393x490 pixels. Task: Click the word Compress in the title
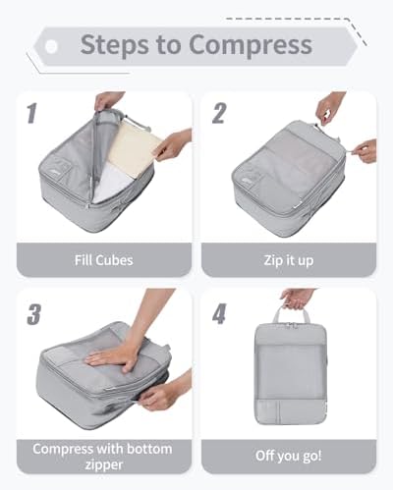[251, 45]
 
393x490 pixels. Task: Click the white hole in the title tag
[51, 46]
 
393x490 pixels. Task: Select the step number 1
[31, 113]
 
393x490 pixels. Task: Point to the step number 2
[219, 113]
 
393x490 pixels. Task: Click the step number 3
[33, 314]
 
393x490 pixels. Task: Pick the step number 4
[219, 313]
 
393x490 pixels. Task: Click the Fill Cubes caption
[104, 260]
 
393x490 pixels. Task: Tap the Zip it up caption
[289, 261]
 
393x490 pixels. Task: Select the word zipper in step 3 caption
[104, 465]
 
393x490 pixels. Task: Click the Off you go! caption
[289, 456]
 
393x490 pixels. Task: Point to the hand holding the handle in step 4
[298, 299]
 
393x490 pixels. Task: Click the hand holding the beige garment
[174, 145]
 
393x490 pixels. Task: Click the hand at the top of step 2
[331, 109]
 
